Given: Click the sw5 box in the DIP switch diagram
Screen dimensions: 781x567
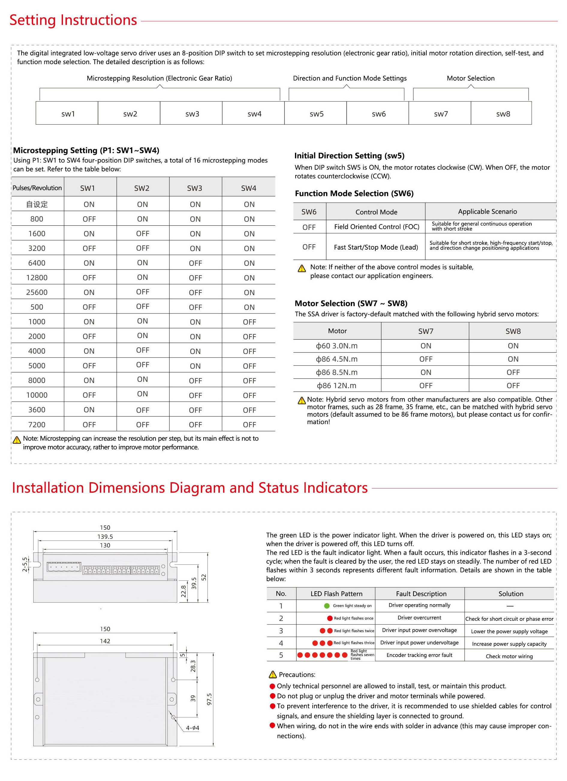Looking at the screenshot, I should pyautogui.click(x=316, y=114).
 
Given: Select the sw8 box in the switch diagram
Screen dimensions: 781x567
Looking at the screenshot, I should pyautogui.click(x=503, y=114).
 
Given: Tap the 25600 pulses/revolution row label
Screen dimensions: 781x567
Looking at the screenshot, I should pyautogui.click(x=37, y=293).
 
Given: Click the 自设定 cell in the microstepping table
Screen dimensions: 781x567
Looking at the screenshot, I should pyautogui.click(x=37, y=204).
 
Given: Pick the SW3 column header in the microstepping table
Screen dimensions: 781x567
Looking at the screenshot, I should pyautogui.click(x=195, y=188).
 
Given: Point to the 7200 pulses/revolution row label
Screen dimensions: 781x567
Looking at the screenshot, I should pyautogui.click(x=37, y=425).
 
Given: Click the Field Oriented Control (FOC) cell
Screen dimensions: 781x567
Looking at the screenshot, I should pyautogui.click(x=377, y=227).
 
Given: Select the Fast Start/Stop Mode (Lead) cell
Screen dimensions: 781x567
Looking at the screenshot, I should pyautogui.click(x=376, y=247).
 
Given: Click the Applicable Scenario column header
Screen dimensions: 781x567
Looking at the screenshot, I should pyautogui.click(x=487, y=212).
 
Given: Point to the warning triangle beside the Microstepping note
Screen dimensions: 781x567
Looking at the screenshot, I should pyautogui.click(x=16, y=440).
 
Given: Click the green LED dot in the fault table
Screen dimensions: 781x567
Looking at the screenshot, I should pyautogui.click(x=327, y=606).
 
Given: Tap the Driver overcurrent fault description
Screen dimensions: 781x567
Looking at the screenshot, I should pyautogui.click(x=419, y=618).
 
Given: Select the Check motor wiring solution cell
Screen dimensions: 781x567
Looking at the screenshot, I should pyautogui.click(x=509, y=656).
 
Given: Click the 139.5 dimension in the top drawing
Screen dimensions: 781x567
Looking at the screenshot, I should pyautogui.click(x=105, y=536).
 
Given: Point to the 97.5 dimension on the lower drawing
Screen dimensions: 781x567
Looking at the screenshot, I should pyautogui.click(x=209, y=699).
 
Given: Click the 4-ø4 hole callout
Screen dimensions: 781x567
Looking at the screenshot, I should pyautogui.click(x=192, y=728).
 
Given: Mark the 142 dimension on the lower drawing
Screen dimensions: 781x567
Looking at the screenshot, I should pyautogui.click(x=105, y=641).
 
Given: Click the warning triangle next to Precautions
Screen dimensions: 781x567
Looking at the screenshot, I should pyautogui.click(x=273, y=675).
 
